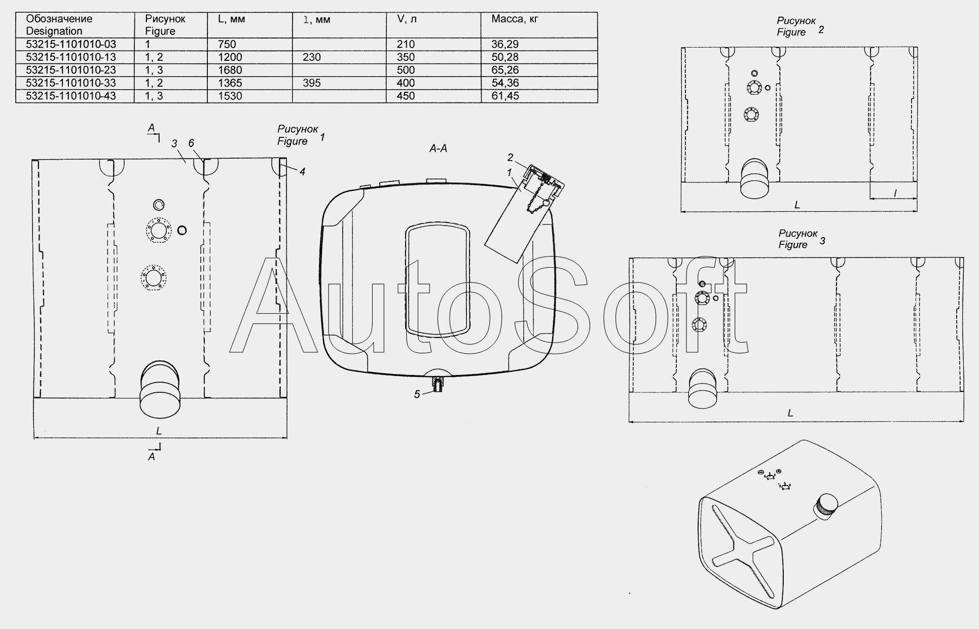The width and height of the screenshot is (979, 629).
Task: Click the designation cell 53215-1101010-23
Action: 71,70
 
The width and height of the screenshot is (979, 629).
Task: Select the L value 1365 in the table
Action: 230,83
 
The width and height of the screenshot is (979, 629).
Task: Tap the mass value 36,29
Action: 505,44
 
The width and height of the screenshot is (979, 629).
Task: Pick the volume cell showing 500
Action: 406,70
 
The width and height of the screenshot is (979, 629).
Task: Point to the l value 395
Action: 312,83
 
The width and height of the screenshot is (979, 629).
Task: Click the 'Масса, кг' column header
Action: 515,19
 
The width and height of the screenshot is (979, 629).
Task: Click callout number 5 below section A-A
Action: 417,394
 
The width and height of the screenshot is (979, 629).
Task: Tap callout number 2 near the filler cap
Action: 511,158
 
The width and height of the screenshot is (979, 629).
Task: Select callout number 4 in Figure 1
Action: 302,172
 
